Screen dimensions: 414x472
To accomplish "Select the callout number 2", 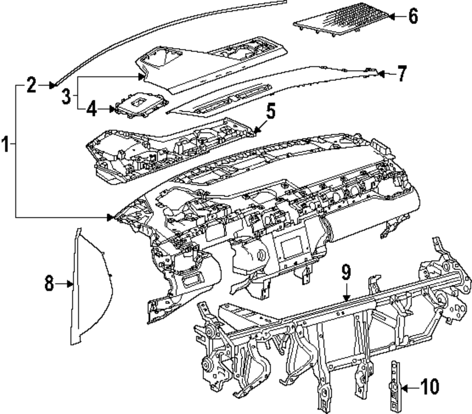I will click(x=31, y=85).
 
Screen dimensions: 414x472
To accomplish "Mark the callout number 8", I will click(x=49, y=284).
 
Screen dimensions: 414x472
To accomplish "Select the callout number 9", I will click(x=346, y=273).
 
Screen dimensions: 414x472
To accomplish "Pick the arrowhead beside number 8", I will click(x=70, y=284).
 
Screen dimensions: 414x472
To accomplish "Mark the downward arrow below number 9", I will click(x=346, y=297).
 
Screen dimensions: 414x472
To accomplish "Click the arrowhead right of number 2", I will click(x=53, y=85).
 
